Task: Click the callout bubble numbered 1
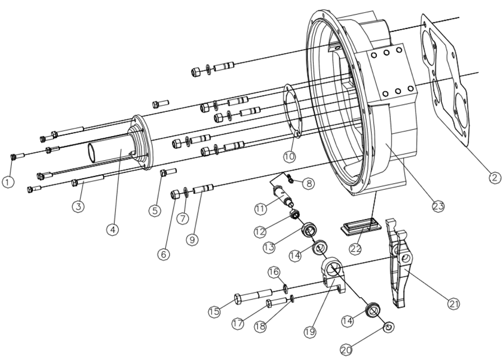point(7,182)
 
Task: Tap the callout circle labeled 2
point(493,177)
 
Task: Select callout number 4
point(113,230)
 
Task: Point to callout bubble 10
point(289,155)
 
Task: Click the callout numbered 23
point(438,206)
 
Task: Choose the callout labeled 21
point(454,303)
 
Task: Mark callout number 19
point(310,331)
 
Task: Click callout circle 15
point(214,312)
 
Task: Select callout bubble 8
point(309,183)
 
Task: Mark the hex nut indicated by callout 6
point(175,194)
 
